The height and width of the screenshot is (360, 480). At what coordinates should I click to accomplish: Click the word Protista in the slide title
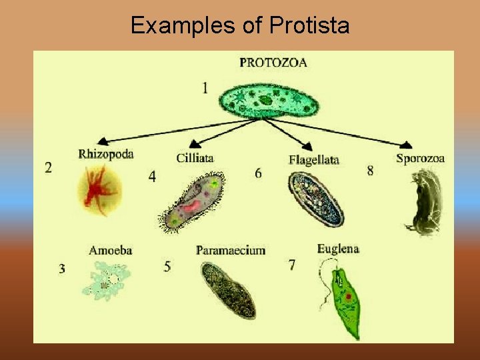(x=309, y=25)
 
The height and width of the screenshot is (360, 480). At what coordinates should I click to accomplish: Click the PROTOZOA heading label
(x=273, y=63)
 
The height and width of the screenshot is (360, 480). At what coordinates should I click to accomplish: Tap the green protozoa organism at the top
(x=269, y=101)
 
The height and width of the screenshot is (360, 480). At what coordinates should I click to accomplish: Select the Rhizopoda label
(x=106, y=154)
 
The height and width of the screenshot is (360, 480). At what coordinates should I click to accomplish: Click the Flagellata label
(x=314, y=159)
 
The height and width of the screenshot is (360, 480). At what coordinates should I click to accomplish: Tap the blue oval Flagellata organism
(x=316, y=198)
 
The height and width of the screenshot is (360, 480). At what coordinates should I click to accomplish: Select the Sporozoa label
(x=420, y=158)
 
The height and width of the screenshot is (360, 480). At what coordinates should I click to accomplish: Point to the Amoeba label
(x=111, y=251)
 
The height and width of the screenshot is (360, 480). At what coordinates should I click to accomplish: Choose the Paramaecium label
(x=231, y=251)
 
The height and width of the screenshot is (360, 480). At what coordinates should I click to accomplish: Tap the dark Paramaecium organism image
(x=229, y=289)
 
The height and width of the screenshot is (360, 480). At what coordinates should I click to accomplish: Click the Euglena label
(x=338, y=249)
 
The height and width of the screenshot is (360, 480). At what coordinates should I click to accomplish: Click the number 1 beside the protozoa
(x=205, y=87)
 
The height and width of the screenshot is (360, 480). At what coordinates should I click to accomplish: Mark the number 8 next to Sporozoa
(x=370, y=171)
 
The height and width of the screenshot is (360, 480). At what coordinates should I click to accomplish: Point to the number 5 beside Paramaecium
(x=167, y=266)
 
